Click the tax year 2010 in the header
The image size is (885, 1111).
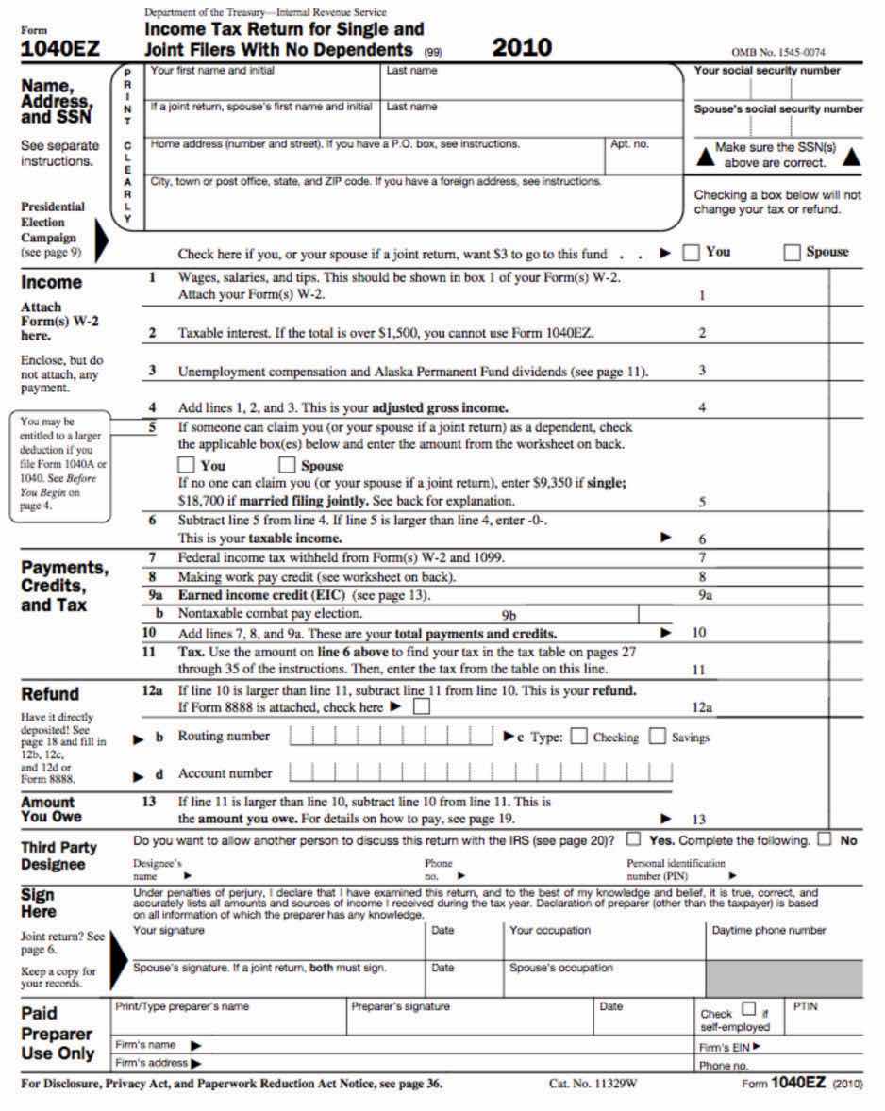pyautogui.click(x=522, y=48)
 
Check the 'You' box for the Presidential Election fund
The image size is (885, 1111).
pyautogui.click(x=691, y=252)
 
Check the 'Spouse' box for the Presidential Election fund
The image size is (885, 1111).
pyautogui.click(x=792, y=252)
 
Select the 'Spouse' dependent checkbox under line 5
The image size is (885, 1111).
pyautogui.click(x=287, y=465)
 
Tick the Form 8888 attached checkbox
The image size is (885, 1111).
pyautogui.click(x=422, y=706)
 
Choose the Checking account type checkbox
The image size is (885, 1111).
pyautogui.click(x=579, y=737)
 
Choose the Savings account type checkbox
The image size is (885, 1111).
pyautogui.click(x=658, y=737)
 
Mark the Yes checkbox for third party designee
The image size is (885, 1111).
pyautogui.click(x=634, y=839)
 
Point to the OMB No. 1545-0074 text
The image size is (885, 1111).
pyautogui.click(x=777, y=53)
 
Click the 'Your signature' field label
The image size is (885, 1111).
pyautogui.click(x=169, y=931)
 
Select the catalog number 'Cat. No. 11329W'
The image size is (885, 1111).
pyautogui.click(x=593, y=1084)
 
